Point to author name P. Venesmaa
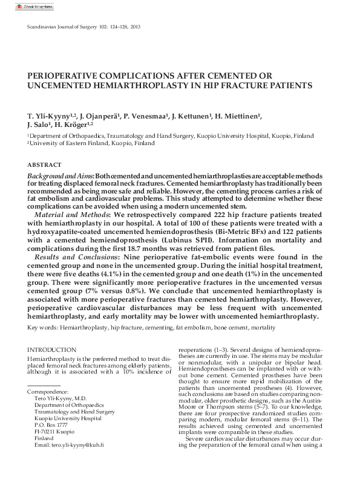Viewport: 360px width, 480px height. pos(146,115)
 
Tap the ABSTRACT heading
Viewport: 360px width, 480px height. pos(44,165)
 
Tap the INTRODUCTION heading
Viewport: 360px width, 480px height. pos(52,349)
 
